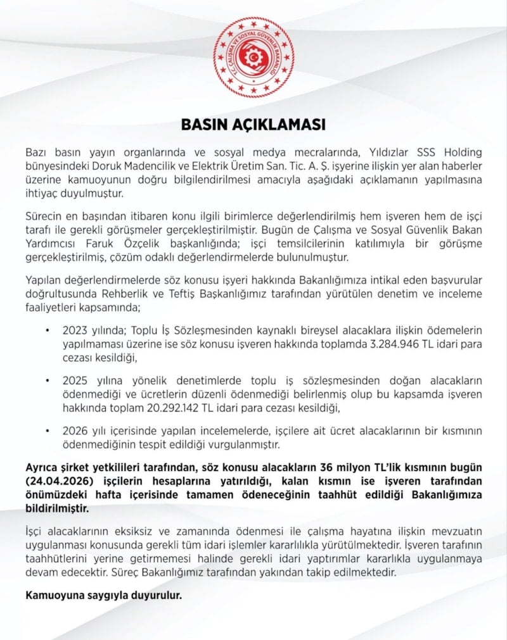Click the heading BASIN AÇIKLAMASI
point(253,125)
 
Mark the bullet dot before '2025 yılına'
point(47,380)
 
